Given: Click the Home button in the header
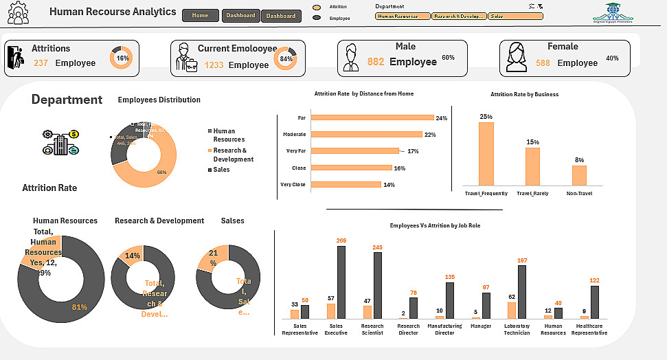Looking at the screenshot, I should pyautogui.click(x=201, y=15).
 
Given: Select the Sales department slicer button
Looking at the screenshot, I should pyautogui.click(x=515, y=16).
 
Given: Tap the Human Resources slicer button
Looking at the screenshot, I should pyautogui.click(x=403, y=16).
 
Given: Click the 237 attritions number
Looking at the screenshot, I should pyautogui.click(x=41, y=63).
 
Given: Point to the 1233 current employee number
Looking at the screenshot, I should pyautogui.click(x=214, y=65).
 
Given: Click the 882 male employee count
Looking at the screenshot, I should pyautogui.click(x=376, y=62).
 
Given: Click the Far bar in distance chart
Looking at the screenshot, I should pyautogui.click(x=371, y=118).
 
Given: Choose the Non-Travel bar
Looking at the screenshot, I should pyautogui.click(x=579, y=175).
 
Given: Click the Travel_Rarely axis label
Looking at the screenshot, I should pyautogui.click(x=532, y=194).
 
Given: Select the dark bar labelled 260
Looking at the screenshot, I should pyautogui.click(x=341, y=282).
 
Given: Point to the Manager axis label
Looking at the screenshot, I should pyautogui.click(x=481, y=326).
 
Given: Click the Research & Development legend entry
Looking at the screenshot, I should pyautogui.click(x=233, y=155).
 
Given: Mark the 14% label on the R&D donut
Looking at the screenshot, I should pyautogui.click(x=132, y=256).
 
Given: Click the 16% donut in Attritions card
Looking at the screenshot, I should pyautogui.click(x=122, y=58).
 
